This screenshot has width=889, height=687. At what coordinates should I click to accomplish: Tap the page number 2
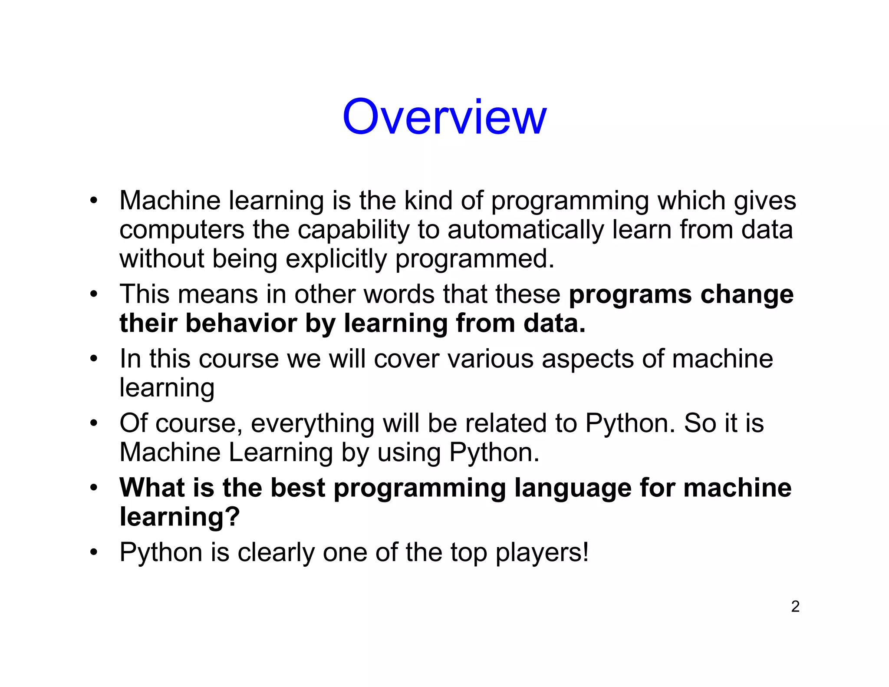coord(795,606)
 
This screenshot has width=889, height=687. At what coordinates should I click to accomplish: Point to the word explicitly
coord(336,259)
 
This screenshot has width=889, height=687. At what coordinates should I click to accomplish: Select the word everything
coord(313,424)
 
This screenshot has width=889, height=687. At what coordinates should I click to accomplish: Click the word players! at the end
coord(542,553)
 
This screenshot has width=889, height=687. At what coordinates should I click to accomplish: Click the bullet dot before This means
coord(93,295)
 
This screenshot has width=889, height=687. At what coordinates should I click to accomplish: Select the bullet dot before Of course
coord(93,423)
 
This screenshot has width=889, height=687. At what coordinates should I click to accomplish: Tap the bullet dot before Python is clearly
coord(93,552)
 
